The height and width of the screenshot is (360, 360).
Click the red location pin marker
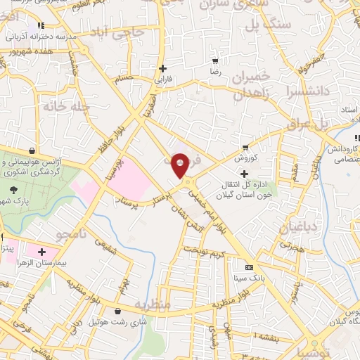pyautogui.click(x=180, y=166)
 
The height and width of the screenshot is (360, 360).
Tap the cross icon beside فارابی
pyautogui.click(x=163, y=69)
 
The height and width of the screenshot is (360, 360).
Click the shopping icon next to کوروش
pyautogui.click(x=245, y=148)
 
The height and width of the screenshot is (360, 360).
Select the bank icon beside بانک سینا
pyautogui.click(x=248, y=268)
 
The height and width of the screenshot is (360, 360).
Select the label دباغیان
pyautogui.click(x=295, y=227)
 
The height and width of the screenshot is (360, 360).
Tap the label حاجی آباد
pyautogui.click(x=127, y=32)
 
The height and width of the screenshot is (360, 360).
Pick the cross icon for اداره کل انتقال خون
pyautogui.click(x=244, y=174)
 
